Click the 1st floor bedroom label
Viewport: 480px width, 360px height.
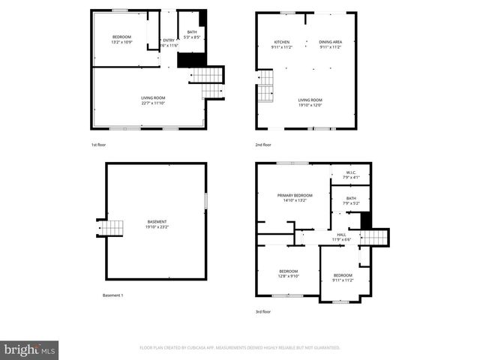click(x=121, y=40)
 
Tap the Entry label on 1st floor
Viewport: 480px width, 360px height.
click(x=168, y=43)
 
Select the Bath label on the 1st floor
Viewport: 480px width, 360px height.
click(x=192, y=34)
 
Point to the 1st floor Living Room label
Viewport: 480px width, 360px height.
click(x=153, y=100)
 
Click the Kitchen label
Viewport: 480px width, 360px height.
click(x=281, y=44)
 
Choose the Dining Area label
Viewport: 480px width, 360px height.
click(x=330, y=44)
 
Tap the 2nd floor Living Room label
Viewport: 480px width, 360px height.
click(x=310, y=102)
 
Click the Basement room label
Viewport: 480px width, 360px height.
click(x=157, y=223)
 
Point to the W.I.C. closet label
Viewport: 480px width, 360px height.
click(x=351, y=175)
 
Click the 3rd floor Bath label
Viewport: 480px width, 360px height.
click(x=351, y=200)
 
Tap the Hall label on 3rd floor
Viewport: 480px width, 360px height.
click(x=341, y=237)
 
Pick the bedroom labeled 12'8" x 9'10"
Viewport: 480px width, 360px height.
click(x=289, y=273)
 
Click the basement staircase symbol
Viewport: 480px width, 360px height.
click(x=112, y=228)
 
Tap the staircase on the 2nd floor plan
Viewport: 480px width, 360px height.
click(x=266, y=86)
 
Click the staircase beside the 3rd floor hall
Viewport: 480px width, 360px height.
click(x=374, y=237)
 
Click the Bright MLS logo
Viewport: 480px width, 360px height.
click(x=30, y=349)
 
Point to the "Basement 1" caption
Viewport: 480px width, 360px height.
click(x=112, y=295)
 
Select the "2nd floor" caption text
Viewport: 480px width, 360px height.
click(x=262, y=144)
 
